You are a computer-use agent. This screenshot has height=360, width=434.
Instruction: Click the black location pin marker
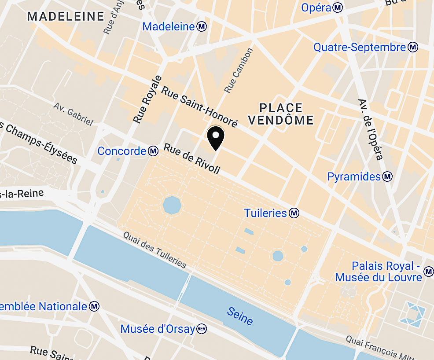coord(215,137)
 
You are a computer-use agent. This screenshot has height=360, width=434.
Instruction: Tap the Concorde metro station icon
coord(153,151)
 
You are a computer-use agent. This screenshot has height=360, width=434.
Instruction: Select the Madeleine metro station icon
coord(202,26)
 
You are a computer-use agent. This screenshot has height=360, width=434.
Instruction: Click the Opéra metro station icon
coord(338,7)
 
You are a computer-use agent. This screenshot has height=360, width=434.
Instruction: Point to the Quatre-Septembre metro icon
coord(413,48)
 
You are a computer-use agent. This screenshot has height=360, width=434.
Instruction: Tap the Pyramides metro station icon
coord(387,177)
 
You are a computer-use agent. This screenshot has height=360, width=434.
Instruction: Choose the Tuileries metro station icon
coord(294,213)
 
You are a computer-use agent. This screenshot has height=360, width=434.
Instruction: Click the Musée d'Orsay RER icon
coord(202,329)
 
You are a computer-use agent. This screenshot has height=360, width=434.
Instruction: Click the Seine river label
coord(240,316)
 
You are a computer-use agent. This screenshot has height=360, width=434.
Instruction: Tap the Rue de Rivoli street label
coord(191,159)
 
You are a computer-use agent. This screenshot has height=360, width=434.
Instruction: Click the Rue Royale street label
coord(145,99)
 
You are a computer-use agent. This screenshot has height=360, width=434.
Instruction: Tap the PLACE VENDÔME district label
coord(281,114)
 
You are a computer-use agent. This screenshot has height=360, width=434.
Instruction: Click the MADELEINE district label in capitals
coord(66,17)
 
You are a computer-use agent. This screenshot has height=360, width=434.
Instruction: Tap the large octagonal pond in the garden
coord(172,205)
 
